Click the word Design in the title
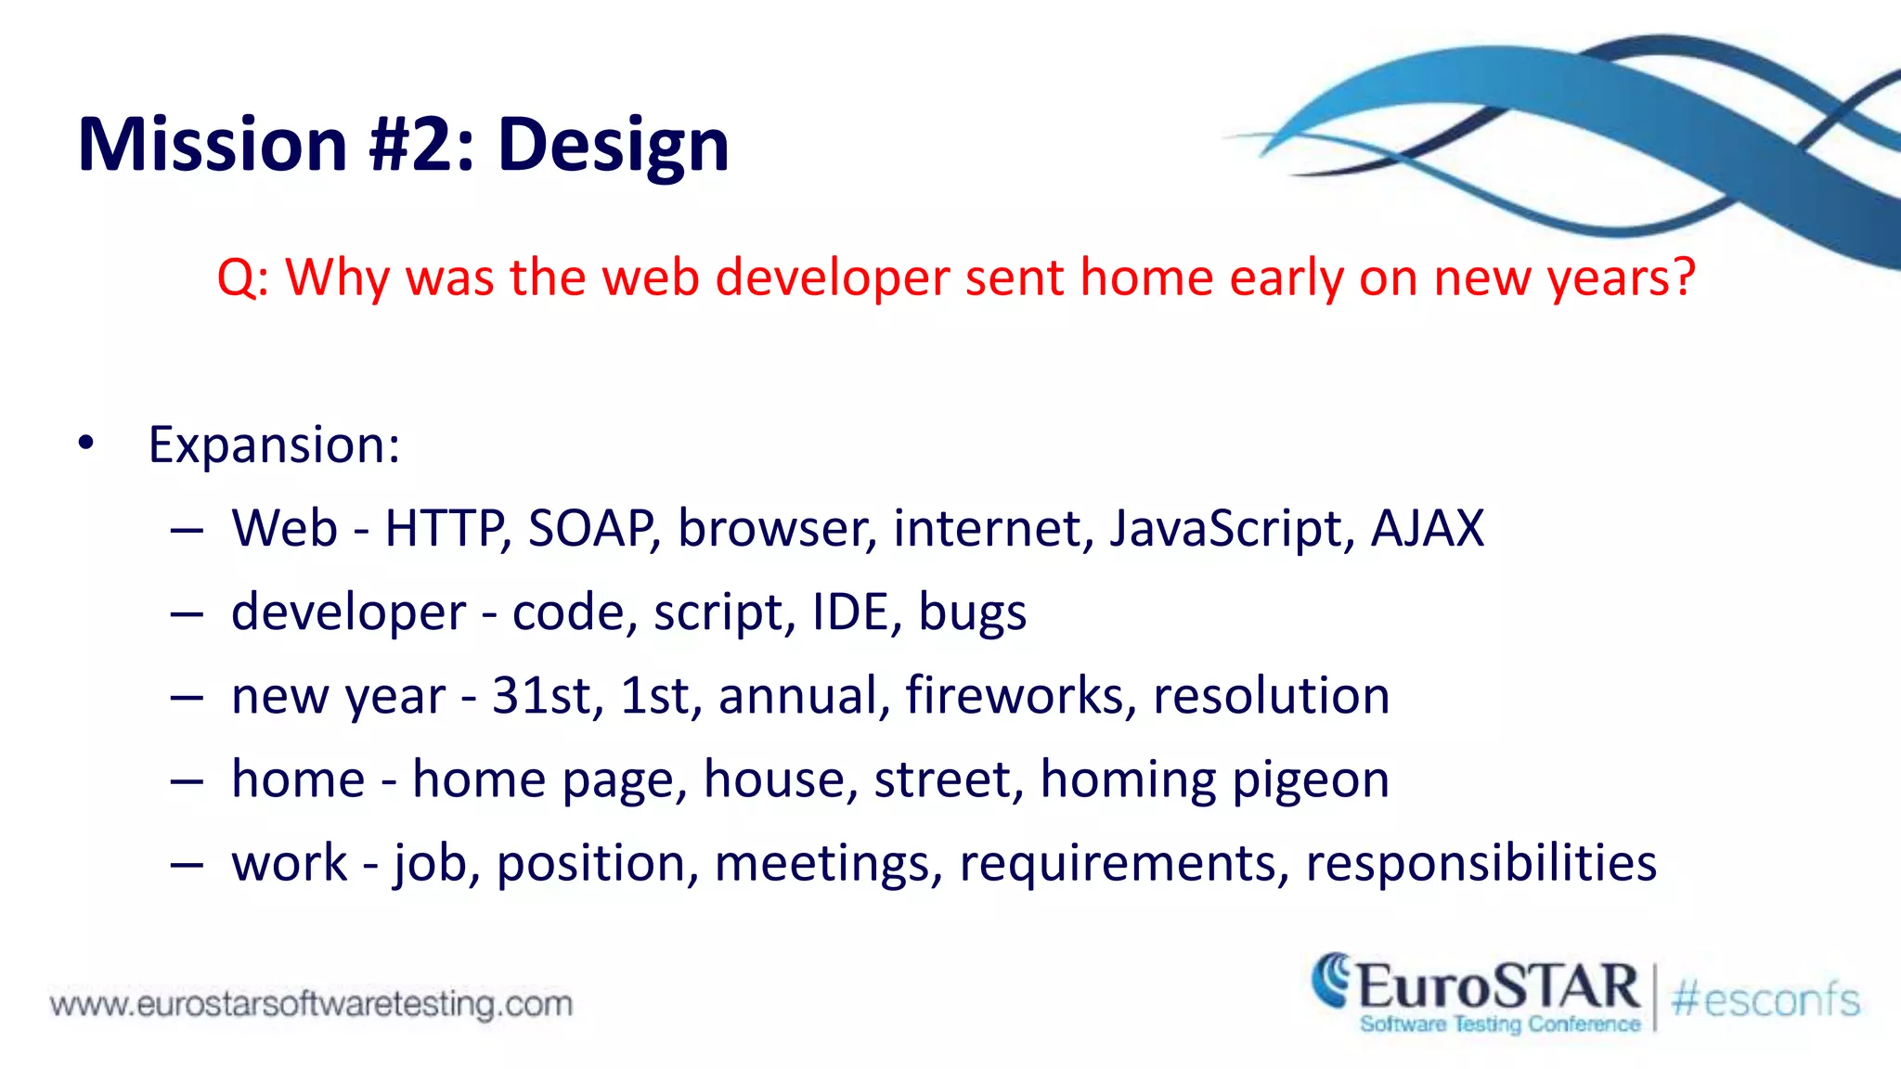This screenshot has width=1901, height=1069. pyautogui.click(x=613, y=146)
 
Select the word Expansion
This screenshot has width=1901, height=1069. pyautogui.click(x=274, y=445)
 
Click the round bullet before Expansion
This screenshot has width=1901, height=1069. pyautogui.click(x=86, y=444)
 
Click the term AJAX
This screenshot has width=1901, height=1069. pyautogui.click(x=1427, y=529)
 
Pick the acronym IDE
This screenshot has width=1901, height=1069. pyautogui.click(x=850, y=612)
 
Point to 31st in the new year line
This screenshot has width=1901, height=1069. pyautogui.click(x=540, y=696)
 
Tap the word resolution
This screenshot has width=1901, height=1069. pyautogui.click(x=1271, y=696)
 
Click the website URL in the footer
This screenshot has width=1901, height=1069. pyautogui.click(x=311, y=1004)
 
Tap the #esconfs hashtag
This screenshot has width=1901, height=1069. pyautogui.click(x=1765, y=1000)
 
